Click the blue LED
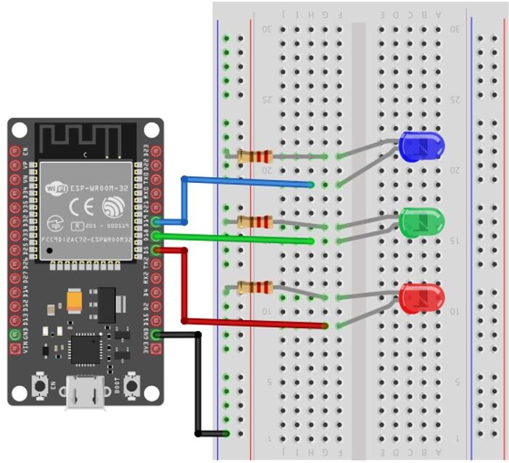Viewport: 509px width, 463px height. tap(421, 147)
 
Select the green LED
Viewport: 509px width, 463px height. tap(421, 221)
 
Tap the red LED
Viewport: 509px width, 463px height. tap(421, 298)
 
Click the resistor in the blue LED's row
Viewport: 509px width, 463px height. tap(255, 156)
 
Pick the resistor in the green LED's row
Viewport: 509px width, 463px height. tap(255, 221)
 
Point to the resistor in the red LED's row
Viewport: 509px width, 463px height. tap(255, 287)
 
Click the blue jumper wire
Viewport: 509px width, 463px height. tap(247, 184)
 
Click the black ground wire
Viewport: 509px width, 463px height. tap(198, 385)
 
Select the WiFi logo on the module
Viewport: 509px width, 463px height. tap(57, 189)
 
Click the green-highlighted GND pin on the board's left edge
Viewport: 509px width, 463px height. tap(15, 335)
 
